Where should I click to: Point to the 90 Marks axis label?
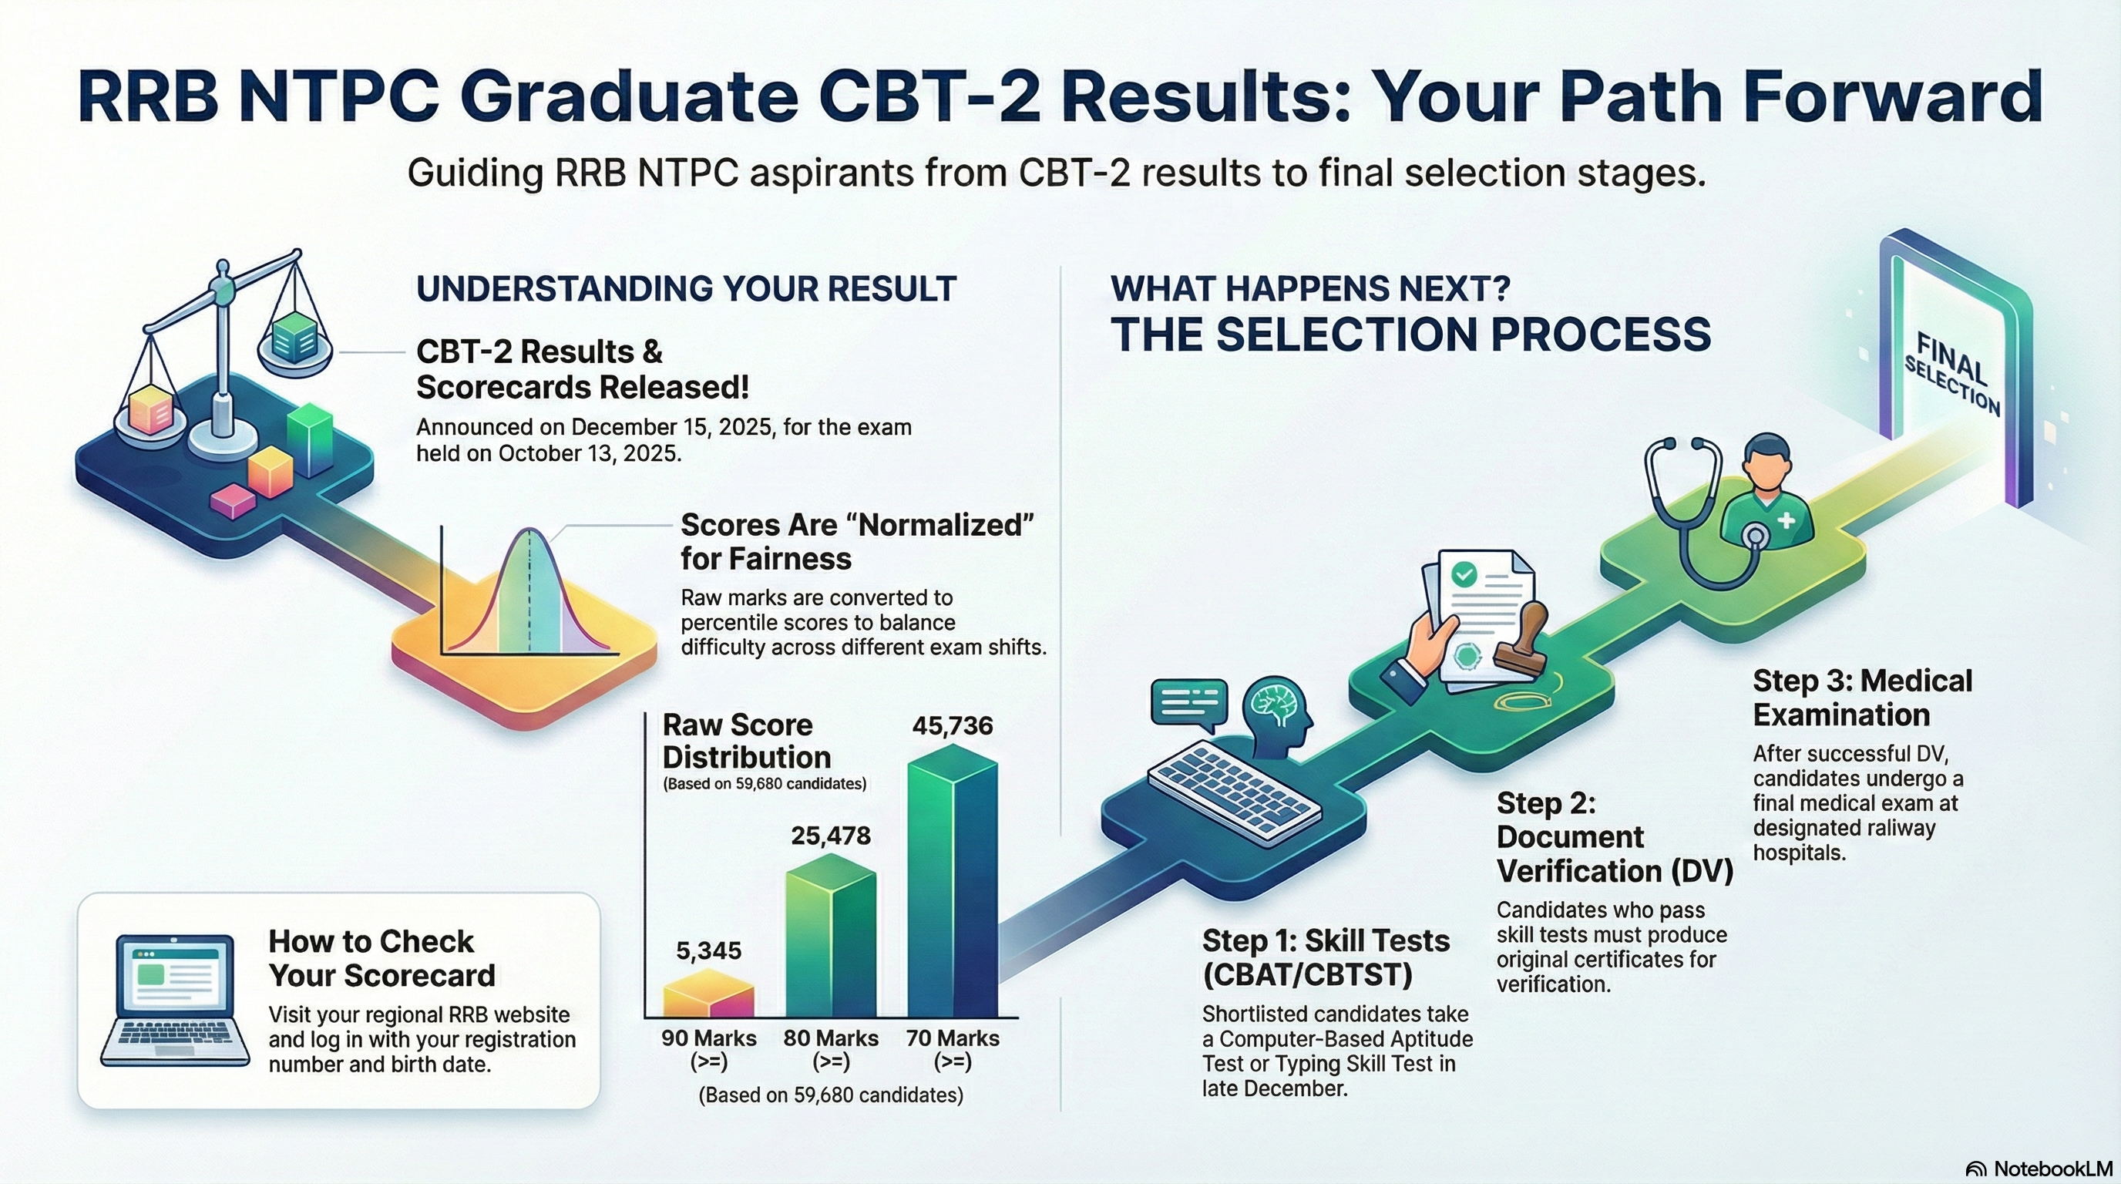[709, 1050]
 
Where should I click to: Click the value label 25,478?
[831, 836]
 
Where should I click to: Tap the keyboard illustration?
[1234, 793]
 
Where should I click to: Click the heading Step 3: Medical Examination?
[1863, 698]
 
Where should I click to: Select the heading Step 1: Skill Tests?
[1326, 957]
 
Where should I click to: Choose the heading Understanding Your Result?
[686, 289]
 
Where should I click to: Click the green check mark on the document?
[1463, 574]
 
